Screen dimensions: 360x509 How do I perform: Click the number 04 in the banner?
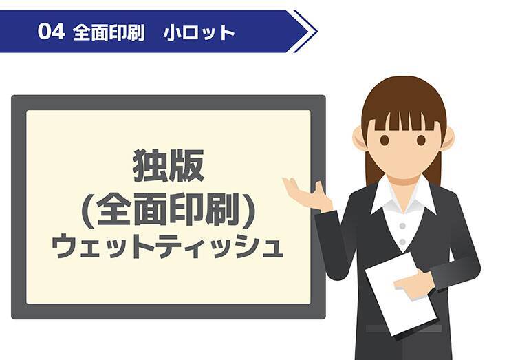[x=52, y=32]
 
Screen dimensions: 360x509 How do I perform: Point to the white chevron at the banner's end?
[x=305, y=32]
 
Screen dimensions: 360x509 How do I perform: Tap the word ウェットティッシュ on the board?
[x=169, y=246]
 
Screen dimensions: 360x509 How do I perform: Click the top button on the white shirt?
[x=404, y=223]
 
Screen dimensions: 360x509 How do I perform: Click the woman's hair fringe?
[x=403, y=114]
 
